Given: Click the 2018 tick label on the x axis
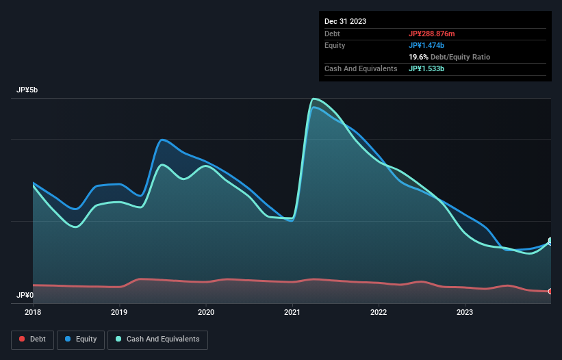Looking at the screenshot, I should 33,312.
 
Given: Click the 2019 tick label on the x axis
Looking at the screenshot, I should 119,312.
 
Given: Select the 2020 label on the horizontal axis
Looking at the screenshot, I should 206,312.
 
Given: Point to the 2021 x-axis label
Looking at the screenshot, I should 292,312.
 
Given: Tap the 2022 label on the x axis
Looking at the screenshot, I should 379,312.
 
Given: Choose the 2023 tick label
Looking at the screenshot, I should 465,312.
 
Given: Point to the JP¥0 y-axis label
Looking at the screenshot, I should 26,296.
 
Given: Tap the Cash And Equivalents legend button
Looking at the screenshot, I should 157,339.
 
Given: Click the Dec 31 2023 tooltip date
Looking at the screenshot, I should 345,21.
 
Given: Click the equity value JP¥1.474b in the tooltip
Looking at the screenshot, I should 427,45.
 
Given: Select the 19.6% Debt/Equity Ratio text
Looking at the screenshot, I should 449,57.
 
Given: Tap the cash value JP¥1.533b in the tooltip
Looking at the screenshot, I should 427,68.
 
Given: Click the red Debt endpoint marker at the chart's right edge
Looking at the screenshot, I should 550,292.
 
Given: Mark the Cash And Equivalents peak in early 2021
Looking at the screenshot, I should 314,99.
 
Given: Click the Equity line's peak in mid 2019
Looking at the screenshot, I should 162,140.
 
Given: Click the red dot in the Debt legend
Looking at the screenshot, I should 23,339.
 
